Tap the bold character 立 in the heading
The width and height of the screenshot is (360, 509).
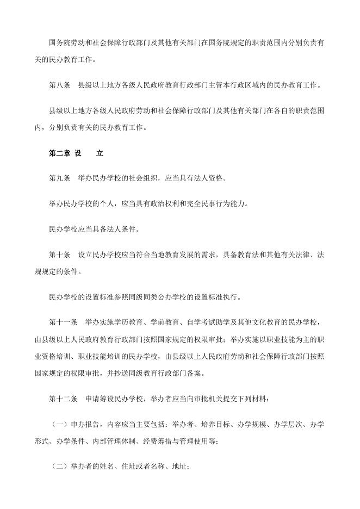tap(100, 153)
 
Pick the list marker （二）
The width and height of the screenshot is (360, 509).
tap(60, 466)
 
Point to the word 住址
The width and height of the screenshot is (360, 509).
tap(127, 466)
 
